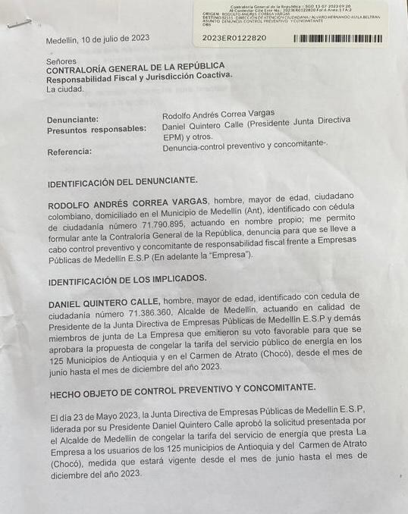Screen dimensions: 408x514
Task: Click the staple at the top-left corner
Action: (x=18, y=23)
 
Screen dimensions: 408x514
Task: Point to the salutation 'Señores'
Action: (x=61, y=61)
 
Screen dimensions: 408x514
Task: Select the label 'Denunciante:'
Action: (x=73, y=120)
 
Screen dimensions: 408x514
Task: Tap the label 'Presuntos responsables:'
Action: (x=96, y=130)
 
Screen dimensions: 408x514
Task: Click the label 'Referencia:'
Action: (x=70, y=152)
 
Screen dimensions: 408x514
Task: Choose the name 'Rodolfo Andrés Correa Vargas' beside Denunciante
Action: (x=218, y=114)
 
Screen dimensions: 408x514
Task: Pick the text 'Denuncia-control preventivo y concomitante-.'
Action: (x=245, y=146)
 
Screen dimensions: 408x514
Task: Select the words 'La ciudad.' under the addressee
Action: (x=65, y=89)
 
